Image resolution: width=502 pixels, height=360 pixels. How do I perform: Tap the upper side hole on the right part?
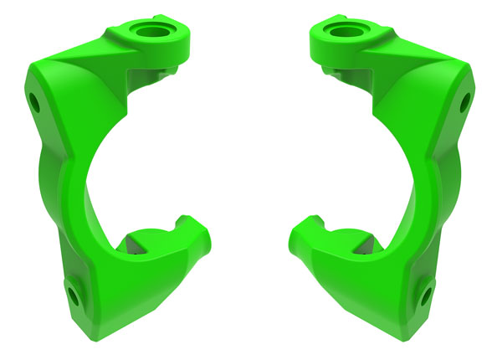[x=467, y=103]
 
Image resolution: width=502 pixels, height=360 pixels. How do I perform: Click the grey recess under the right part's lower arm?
[x=366, y=244]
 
